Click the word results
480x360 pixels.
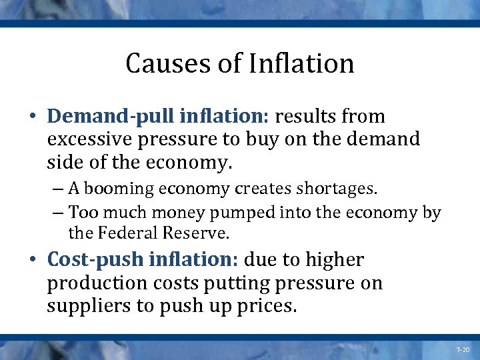click(311, 117)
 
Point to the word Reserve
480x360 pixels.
click(200, 233)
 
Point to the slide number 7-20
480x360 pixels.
click(463, 349)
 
